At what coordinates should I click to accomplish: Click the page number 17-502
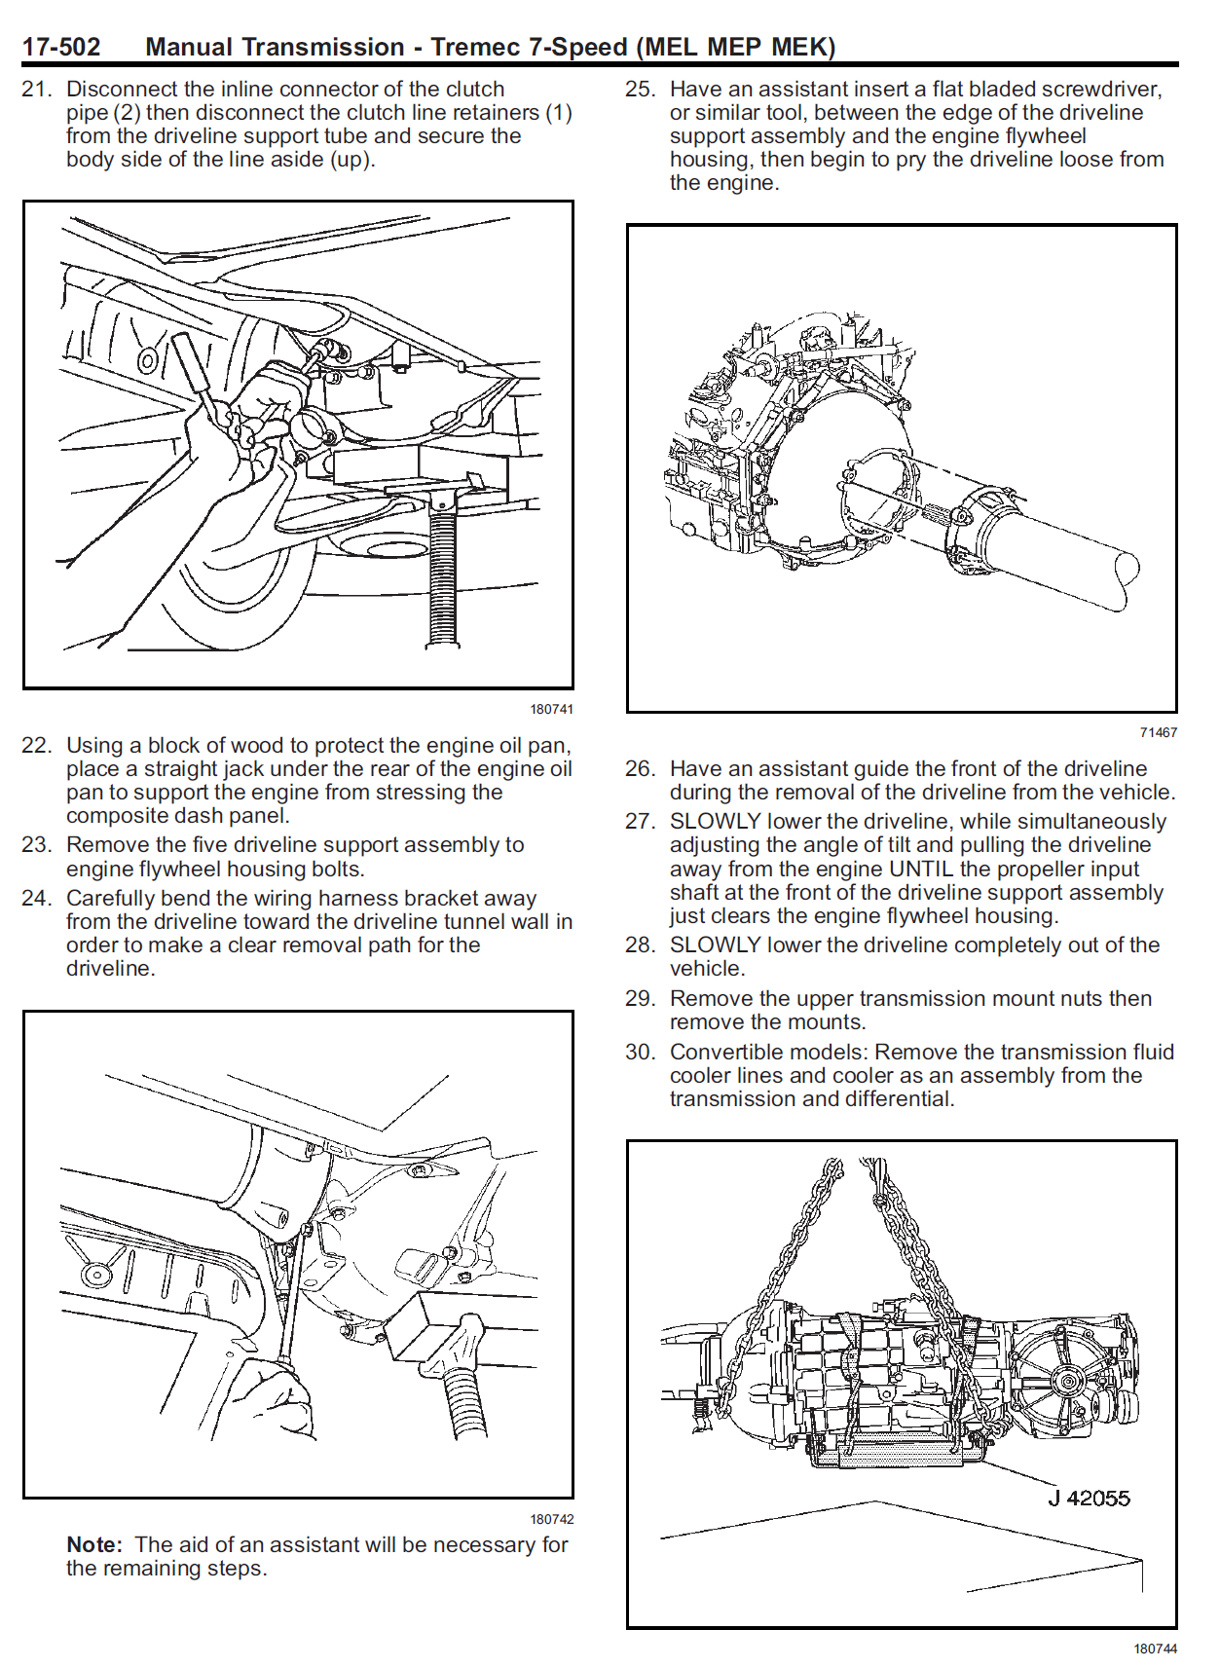click(60, 47)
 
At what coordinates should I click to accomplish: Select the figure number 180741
click(551, 709)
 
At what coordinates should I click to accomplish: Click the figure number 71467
click(1158, 732)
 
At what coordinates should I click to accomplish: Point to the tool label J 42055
click(1089, 1499)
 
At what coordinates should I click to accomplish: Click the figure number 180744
click(1155, 1648)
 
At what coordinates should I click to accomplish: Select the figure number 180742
click(551, 1519)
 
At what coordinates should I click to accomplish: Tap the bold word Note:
click(94, 1544)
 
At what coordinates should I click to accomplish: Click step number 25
click(640, 89)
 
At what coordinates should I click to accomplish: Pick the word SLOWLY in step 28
click(715, 945)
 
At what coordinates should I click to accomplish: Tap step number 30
click(640, 1052)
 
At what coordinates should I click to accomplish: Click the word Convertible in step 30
click(720, 1052)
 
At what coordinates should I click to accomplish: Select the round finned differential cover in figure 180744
click(1066, 1381)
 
